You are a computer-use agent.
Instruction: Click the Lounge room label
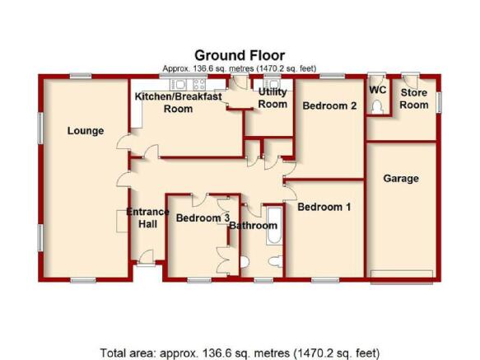pos(86,131)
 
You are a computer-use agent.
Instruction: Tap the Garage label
pos(401,178)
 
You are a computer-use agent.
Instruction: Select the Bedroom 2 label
pos(329,105)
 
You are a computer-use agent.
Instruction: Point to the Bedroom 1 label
pos(324,207)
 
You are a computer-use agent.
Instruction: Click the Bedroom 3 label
pos(203,217)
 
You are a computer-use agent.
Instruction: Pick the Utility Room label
pos(273,98)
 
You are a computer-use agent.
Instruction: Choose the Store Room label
pos(414,99)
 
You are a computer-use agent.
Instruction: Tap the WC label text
pos(378,90)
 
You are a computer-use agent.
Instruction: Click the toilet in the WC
pos(377,107)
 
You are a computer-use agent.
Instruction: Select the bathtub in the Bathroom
pos(273,226)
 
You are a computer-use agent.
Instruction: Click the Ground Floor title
pos(240,56)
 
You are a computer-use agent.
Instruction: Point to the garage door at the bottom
pos(402,277)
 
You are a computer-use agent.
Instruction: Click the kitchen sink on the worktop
pos(178,84)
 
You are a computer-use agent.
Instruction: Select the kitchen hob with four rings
pos(199,84)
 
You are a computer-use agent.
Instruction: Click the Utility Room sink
pos(272,84)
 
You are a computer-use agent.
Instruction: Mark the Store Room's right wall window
pos(440,102)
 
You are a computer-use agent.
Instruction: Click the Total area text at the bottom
pos(240,353)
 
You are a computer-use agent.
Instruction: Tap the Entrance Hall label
pos(148,217)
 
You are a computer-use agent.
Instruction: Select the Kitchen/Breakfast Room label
pos(178,102)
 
